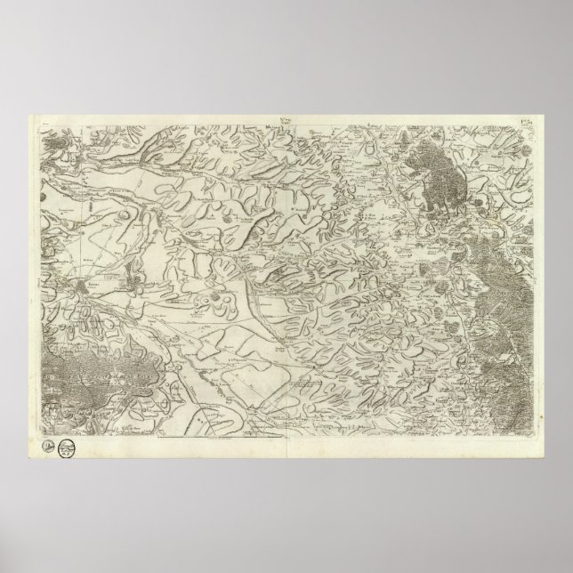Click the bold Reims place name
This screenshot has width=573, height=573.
coord(94,278)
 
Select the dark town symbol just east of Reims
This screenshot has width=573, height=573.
coord(133,286)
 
